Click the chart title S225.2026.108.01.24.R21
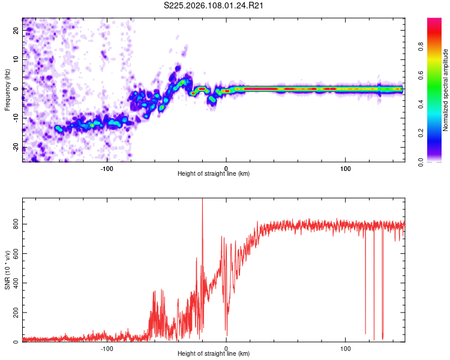click(214, 5)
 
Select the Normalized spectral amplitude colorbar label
click(446, 90)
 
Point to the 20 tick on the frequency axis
click(16, 31)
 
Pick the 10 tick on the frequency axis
click(16, 60)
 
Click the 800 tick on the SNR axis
click(13, 224)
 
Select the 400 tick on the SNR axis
click(13, 283)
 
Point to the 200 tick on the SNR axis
click(13, 313)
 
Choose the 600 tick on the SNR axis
click(13, 253)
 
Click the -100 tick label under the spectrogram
click(107, 167)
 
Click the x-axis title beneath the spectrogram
click(214, 173)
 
